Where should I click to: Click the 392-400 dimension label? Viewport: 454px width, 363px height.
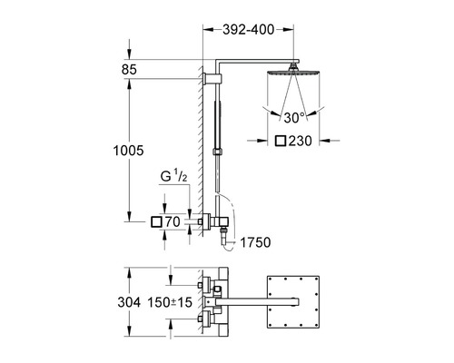pyautogui.click(x=248, y=30)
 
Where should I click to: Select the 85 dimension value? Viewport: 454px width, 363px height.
pyautogui.click(x=129, y=70)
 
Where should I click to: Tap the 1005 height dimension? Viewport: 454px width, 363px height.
pyautogui.click(x=128, y=151)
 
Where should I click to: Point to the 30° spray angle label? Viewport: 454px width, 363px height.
pyautogui.click(x=294, y=117)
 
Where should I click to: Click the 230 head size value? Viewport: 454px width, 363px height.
pyautogui.click(x=300, y=141)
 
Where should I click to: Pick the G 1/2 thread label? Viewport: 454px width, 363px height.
pyautogui.click(x=173, y=176)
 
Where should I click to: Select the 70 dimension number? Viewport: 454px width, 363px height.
pyautogui.click(x=173, y=222)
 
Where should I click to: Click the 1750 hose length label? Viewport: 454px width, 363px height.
pyautogui.click(x=255, y=242)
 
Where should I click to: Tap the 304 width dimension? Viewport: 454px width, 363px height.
pyautogui.click(x=129, y=302)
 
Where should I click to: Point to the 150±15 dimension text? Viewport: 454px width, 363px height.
pyautogui.click(x=170, y=302)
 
